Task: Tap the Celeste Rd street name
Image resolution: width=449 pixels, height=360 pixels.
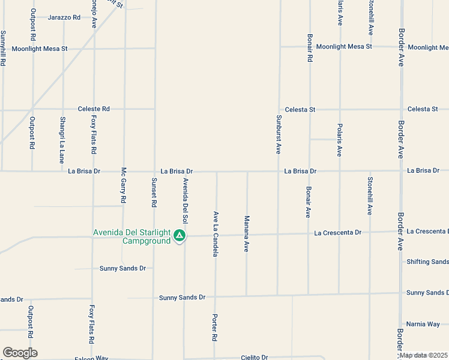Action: (94, 109)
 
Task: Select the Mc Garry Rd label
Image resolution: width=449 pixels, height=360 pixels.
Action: (124, 184)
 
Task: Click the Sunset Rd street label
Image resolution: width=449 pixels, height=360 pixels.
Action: (154, 193)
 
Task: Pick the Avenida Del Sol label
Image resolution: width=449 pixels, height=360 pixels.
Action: (185, 197)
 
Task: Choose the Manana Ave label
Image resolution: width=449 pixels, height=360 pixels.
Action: (246, 233)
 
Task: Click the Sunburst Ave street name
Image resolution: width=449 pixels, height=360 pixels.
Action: (279, 134)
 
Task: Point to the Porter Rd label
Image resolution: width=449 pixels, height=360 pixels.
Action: (214, 328)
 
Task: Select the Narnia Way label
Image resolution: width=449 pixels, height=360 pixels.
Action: (423, 324)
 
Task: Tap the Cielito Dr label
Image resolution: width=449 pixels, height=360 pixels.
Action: (254, 357)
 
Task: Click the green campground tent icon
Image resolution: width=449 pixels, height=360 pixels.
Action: (179, 236)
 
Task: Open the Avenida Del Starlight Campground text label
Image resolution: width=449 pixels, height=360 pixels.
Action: (131, 237)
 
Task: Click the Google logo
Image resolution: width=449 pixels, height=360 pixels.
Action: (20, 353)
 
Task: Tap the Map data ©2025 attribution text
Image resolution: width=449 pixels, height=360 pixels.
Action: (423, 355)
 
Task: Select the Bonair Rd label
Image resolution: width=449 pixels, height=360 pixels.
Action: (310, 48)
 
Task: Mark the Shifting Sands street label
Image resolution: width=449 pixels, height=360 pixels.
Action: (427, 262)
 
